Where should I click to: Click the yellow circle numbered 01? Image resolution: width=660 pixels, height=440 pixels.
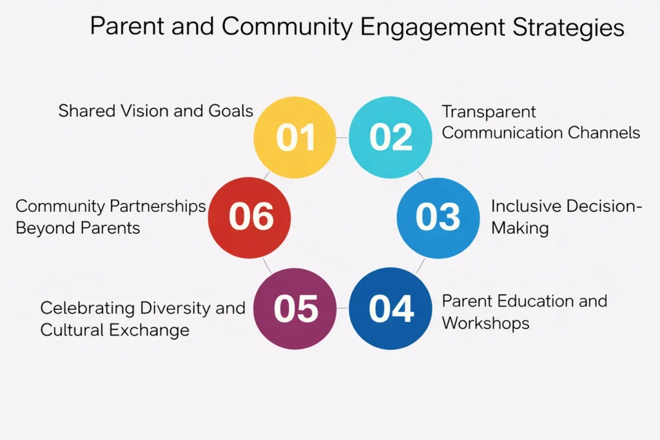(295, 138)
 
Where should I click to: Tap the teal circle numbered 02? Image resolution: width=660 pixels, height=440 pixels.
(391, 138)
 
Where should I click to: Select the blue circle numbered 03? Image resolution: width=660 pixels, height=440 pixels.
(438, 218)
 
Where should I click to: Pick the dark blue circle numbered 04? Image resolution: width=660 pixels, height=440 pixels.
(391, 309)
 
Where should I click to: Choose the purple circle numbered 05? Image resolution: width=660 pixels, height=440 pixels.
(295, 309)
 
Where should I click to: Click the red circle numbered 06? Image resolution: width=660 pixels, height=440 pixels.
(249, 218)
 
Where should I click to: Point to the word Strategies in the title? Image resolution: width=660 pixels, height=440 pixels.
(568, 27)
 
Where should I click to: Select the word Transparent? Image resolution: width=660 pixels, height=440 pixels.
(489, 112)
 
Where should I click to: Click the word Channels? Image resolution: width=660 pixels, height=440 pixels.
(603, 133)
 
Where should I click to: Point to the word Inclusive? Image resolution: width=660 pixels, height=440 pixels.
(526, 206)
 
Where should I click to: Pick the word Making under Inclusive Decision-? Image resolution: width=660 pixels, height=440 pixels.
(520, 228)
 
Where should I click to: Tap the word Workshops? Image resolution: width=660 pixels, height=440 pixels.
(486, 323)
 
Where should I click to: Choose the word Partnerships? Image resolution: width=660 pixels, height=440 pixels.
(157, 206)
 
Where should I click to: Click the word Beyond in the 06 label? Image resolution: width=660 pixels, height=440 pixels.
(46, 228)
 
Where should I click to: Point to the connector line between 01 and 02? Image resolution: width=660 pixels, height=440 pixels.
(343, 138)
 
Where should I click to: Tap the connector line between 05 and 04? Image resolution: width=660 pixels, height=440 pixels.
(343, 309)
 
